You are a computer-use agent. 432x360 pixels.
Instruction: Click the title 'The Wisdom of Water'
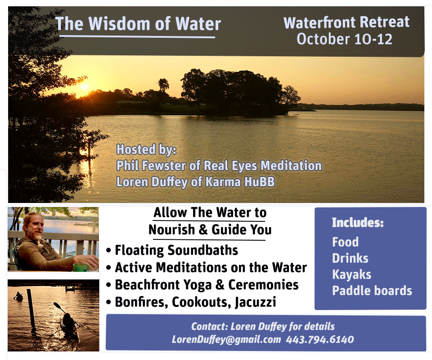coord(138,23)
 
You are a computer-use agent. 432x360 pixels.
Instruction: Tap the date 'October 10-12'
coord(344,39)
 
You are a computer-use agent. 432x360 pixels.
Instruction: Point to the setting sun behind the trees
coord(85,87)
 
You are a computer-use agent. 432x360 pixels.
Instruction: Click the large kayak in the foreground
coord(69,325)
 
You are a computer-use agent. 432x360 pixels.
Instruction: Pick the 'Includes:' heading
coord(357,222)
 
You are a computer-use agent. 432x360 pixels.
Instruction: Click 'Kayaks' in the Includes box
coord(351,274)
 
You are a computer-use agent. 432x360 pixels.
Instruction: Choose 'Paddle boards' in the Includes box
coord(372,291)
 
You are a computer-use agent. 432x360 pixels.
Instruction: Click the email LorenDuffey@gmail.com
coord(226,340)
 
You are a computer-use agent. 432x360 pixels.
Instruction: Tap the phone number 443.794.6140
coord(320,339)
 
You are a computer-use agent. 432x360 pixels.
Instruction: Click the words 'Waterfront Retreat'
coord(346,22)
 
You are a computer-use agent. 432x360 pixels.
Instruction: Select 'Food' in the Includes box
coord(345,242)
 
